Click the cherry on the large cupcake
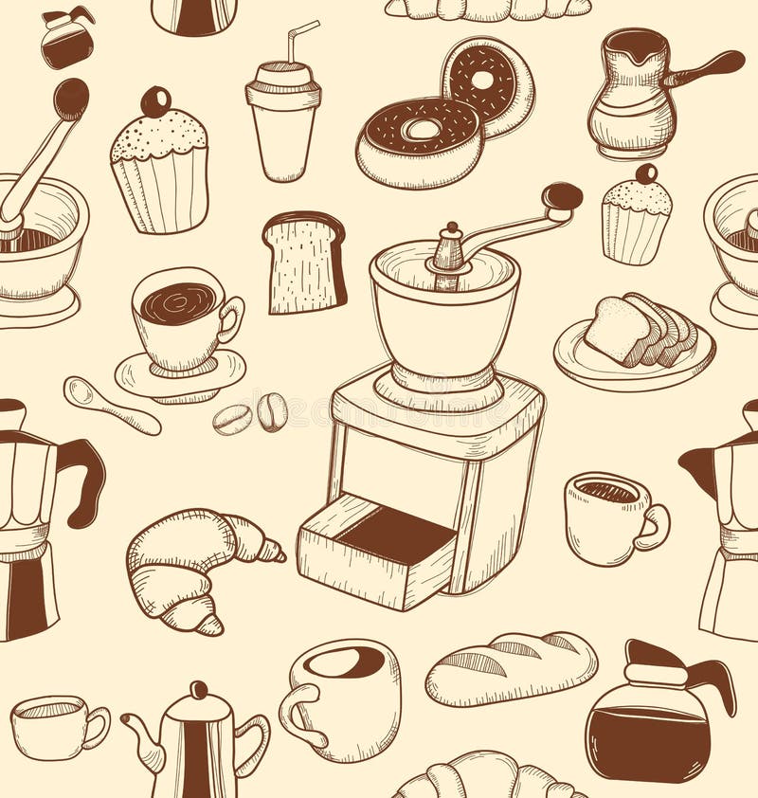(155, 100)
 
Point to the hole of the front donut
(420, 129)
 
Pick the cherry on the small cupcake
(646, 174)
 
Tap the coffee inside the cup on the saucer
(177, 303)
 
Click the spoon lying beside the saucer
(109, 405)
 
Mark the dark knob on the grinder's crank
(562, 196)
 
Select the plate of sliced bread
(634, 342)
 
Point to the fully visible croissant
(195, 569)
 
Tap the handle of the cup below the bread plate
(654, 527)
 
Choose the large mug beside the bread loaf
(341, 699)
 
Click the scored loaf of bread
(511, 667)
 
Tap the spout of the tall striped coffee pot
(141, 740)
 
